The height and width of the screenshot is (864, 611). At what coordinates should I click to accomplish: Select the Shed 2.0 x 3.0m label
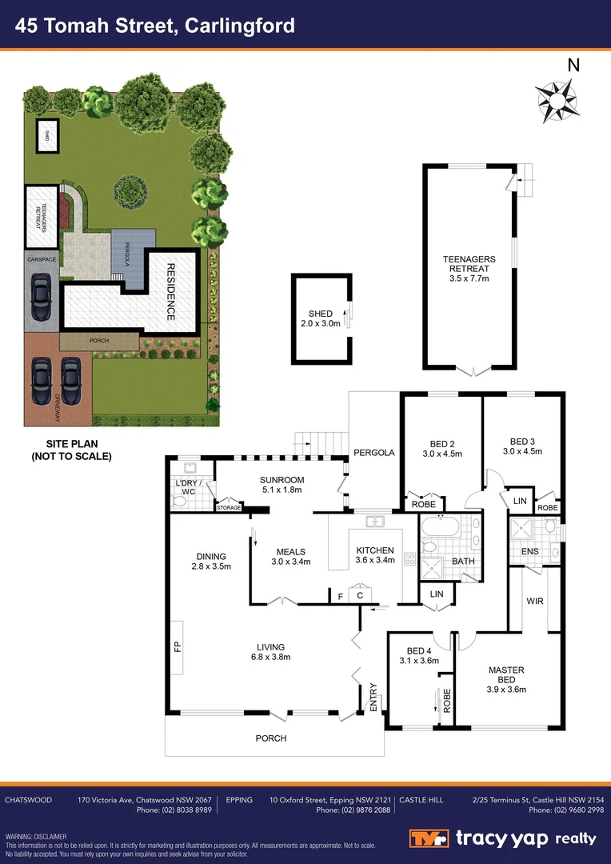pos(320,318)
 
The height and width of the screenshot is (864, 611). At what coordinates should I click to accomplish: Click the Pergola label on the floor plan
pos(374,453)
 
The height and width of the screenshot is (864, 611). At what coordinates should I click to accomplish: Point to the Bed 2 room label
pos(442,448)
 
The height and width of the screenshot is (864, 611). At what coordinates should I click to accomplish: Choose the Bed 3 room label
pos(522,446)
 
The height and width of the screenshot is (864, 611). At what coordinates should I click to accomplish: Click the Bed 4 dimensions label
pos(419,661)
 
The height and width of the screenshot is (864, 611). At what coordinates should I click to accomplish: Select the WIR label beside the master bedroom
pos(535,600)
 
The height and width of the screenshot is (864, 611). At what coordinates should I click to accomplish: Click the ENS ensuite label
pos(529,552)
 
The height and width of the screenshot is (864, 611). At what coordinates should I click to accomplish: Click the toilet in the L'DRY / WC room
pos(180,501)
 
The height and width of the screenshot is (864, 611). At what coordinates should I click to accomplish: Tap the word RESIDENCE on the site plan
pos(170,292)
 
